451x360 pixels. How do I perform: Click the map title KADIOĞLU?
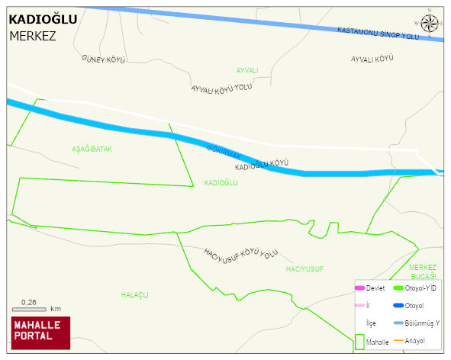pyautogui.click(x=43, y=20)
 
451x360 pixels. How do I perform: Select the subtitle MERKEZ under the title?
pyautogui.click(x=33, y=36)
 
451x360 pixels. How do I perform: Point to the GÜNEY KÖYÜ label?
pyautogui.click(x=103, y=59)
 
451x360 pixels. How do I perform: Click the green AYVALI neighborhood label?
pyautogui.click(x=246, y=70)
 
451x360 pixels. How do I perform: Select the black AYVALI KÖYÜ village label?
pyautogui.click(x=372, y=59)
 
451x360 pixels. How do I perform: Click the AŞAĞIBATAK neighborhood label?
pyautogui.click(x=92, y=149)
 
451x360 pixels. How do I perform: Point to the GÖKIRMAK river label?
pyautogui.click(x=224, y=152)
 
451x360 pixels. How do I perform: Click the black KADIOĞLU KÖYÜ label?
pyautogui.click(x=261, y=165)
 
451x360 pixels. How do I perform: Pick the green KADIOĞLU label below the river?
pyautogui.click(x=221, y=183)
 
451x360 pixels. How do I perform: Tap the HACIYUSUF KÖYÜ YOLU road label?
pyautogui.click(x=240, y=253)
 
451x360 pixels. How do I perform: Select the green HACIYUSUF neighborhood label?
pyautogui.click(x=304, y=269)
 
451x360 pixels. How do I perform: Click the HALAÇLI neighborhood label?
pyautogui.click(x=134, y=294)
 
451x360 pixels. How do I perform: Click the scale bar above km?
pyautogui.click(x=29, y=309)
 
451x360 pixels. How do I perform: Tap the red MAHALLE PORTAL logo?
pyautogui.click(x=40, y=332)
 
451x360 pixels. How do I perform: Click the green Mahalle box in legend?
pyautogui.click(x=359, y=342)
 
